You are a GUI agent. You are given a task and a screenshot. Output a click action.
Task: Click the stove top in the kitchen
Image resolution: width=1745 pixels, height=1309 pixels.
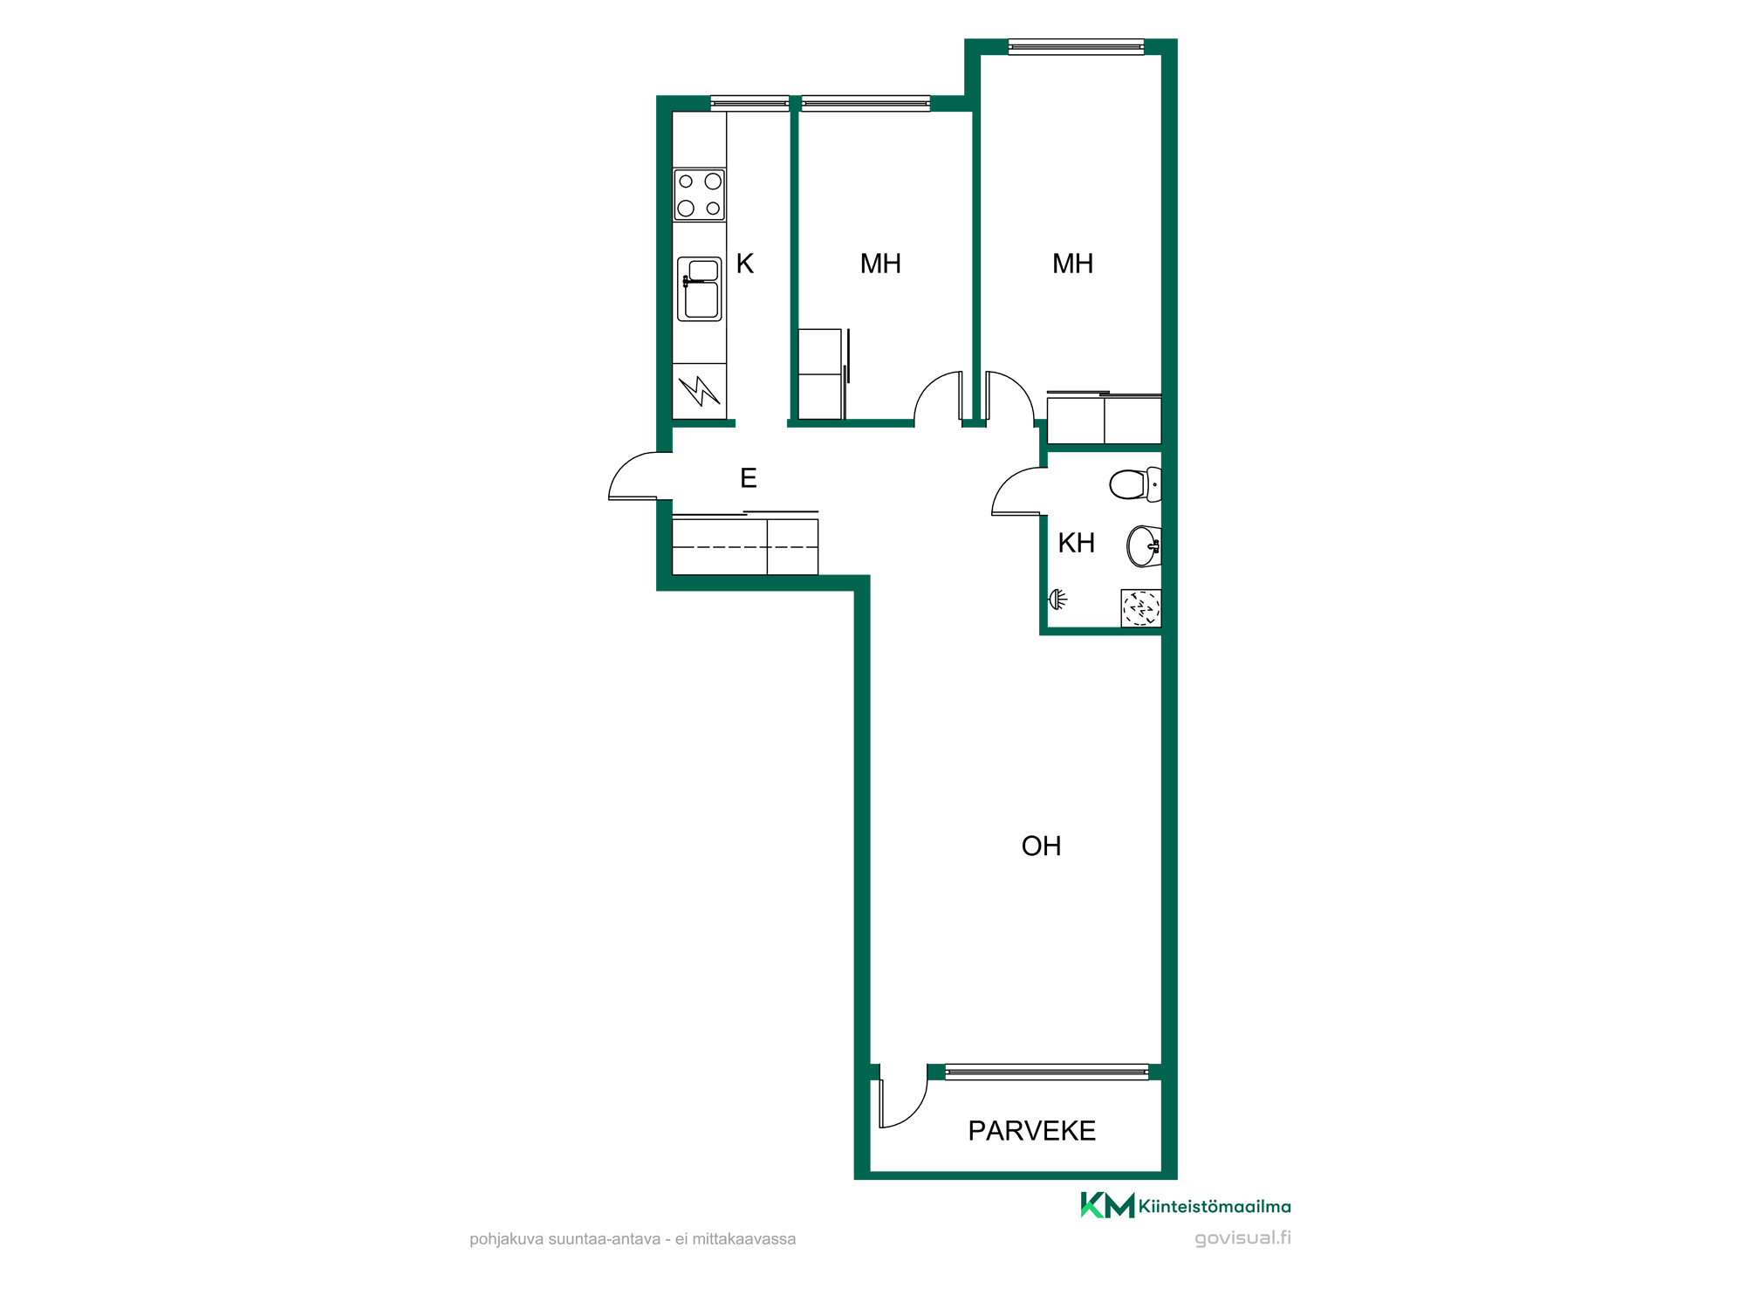tap(699, 195)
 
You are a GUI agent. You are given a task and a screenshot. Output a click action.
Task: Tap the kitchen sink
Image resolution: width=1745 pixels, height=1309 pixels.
tap(700, 289)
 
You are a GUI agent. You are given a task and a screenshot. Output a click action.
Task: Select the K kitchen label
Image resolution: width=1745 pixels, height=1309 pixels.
tap(745, 264)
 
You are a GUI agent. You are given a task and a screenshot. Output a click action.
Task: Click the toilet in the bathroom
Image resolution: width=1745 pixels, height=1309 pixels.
tap(1135, 484)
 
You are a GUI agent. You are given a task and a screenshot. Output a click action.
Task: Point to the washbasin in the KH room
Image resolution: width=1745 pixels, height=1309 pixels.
tap(1144, 546)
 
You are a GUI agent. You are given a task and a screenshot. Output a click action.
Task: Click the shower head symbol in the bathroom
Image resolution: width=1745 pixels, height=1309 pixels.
tap(1057, 600)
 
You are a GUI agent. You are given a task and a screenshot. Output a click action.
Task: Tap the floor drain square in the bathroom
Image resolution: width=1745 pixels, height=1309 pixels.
tap(1141, 608)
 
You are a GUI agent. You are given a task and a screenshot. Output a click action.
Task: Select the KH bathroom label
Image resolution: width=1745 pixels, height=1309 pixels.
tap(1076, 543)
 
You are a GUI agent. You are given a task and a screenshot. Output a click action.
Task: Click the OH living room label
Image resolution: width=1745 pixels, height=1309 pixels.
tap(1041, 846)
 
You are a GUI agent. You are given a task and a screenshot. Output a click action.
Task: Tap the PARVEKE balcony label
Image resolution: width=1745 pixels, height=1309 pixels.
tap(1031, 1131)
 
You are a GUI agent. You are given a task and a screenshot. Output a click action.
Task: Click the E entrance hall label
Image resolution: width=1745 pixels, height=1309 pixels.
tap(748, 478)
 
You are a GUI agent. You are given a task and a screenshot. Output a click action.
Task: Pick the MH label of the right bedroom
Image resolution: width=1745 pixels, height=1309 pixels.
tap(1072, 264)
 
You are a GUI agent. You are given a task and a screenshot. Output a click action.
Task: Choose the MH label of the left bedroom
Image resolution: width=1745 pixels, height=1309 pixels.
tap(880, 264)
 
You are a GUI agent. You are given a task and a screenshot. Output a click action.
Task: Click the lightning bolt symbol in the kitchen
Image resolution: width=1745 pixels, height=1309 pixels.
tap(700, 391)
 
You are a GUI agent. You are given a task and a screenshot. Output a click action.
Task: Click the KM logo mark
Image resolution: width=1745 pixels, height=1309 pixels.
tap(1107, 1205)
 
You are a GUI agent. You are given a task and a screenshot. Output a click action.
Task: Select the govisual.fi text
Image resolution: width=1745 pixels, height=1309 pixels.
tap(1242, 1237)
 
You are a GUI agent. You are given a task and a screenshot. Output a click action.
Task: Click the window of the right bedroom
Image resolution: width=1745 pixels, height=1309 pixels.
tap(1076, 47)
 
